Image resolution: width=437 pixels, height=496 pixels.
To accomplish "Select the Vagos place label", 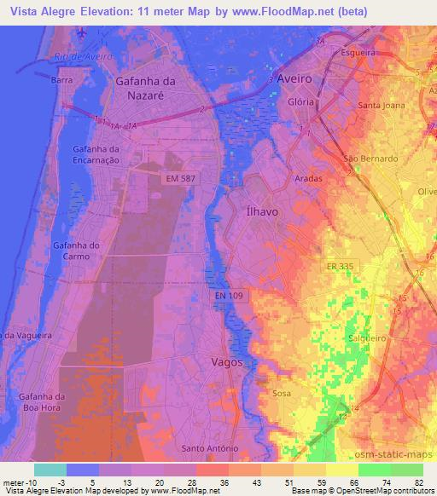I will [227, 361].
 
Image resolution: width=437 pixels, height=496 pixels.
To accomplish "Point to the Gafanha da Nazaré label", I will [146, 87].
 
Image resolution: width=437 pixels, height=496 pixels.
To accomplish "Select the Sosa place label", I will [281, 393].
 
